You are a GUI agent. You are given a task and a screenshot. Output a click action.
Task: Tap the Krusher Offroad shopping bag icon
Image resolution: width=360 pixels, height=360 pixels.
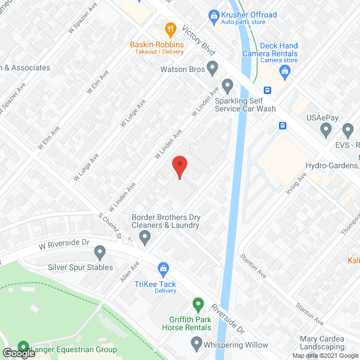click(213, 15)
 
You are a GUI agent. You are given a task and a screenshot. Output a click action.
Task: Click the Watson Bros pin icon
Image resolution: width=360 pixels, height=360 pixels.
click(212, 69)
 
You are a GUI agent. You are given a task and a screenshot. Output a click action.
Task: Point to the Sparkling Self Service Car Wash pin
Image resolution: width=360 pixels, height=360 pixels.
click(228, 87)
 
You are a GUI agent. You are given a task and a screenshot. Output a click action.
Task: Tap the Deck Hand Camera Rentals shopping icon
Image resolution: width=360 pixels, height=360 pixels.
click(285, 71)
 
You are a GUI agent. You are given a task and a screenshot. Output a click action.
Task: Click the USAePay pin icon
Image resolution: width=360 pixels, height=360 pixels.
click(326, 130)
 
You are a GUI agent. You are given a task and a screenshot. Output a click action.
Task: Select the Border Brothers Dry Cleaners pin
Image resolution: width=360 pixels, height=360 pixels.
click(145, 237)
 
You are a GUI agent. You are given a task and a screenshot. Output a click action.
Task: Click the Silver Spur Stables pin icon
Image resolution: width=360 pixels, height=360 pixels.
click(100, 251)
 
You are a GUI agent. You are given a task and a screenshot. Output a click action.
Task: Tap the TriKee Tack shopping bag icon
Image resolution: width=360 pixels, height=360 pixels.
click(163, 268)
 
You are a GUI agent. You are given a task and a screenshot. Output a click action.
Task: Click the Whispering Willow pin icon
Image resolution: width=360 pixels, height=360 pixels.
click(196, 342)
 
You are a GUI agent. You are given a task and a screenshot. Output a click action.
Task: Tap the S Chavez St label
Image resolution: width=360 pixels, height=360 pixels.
click(110, 227)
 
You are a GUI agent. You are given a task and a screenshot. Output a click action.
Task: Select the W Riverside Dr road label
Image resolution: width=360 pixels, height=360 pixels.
click(64, 244)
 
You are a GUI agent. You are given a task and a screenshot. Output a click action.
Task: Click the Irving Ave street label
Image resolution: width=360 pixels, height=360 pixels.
click(298, 184)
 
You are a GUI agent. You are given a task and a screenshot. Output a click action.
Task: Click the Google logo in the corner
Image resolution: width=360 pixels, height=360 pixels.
click(18, 353)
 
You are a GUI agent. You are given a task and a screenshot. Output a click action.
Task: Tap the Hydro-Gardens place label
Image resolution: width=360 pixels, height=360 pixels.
click(332, 165)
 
